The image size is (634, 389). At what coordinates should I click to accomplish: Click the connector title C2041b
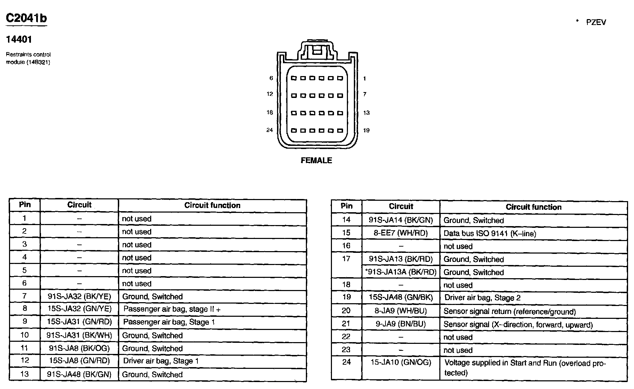tap(26, 18)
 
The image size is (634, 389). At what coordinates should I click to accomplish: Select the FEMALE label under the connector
tap(316, 160)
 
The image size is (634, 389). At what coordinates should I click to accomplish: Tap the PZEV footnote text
tap(596, 22)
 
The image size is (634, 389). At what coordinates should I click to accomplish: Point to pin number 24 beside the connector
tap(269, 130)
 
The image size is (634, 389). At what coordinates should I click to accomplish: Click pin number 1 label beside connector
tap(365, 79)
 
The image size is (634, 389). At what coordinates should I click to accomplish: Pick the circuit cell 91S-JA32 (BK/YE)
tap(79, 297)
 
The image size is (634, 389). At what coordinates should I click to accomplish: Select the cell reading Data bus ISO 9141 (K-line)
tap(490, 233)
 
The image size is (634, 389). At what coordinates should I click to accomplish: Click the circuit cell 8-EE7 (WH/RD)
tap(401, 233)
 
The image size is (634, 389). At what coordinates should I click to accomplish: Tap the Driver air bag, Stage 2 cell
tap(482, 298)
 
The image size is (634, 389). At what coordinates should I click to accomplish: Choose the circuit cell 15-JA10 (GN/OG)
tap(401, 363)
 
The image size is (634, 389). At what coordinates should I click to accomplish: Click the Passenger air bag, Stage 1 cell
tap(169, 322)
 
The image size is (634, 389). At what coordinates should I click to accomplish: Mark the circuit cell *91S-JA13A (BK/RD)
tap(401, 272)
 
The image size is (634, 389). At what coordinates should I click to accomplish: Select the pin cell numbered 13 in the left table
tap(25, 374)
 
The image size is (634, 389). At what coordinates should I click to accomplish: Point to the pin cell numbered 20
tap(346, 311)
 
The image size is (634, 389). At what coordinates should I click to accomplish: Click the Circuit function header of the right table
tap(534, 207)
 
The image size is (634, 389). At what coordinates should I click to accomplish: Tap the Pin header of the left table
tap(25, 205)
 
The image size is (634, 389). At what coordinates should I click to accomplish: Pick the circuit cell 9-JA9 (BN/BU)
tap(401, 324)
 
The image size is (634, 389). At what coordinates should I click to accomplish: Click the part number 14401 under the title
tap(19, 40)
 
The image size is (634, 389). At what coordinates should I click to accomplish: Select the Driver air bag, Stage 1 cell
tap(161, 361)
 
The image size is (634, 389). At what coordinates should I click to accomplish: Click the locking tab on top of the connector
tap(317, 49)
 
